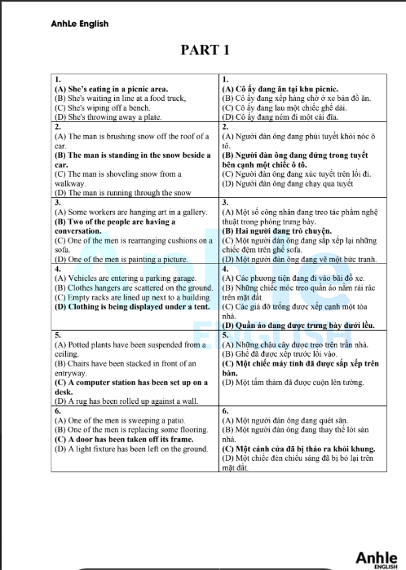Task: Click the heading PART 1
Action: click(x=204, y=50)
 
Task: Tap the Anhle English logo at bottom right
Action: click(x=376, y=558)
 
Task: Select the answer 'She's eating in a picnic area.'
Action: click(x=111, y=89)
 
